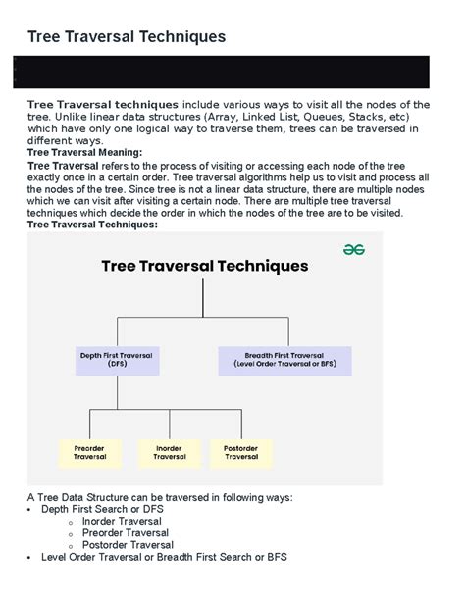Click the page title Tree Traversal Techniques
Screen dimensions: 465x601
click(127, 36)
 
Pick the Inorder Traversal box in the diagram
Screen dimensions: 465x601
click(169, 451)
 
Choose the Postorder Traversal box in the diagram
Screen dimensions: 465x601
click(241, 451)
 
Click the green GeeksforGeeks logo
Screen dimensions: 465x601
click(354, 250)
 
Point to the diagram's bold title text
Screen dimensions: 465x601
click(205, 266)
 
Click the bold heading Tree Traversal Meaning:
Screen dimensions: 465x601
click(84, 152)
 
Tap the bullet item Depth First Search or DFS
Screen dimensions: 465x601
click(102, 509)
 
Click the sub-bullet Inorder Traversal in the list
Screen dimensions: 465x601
click(122, 522)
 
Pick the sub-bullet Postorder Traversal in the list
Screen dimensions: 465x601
click(128, 545)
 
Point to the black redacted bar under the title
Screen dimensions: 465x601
click(232, 73)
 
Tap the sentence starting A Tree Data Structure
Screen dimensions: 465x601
click(160, 497)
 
